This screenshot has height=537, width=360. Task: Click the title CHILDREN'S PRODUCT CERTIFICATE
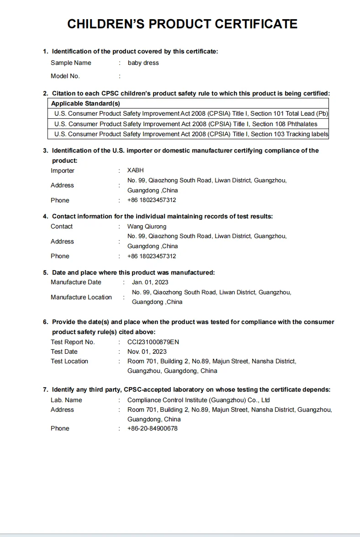[x=182, y=24]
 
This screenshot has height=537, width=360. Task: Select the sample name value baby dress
[x=143, y=63]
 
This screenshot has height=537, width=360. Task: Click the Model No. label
[x=65, y=76]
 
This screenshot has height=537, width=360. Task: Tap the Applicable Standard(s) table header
[x=85, y=103]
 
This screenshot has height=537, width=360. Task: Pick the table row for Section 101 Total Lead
[x=191, y=113]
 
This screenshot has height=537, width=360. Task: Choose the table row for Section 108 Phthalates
[x=185, y=124]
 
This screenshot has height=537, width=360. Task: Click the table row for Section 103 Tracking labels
[x=191, y=134]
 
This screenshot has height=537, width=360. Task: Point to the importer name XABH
[x=135, y=170]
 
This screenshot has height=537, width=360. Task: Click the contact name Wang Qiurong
[x=147, y=227]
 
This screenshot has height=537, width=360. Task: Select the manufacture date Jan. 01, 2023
[x=150, y=282]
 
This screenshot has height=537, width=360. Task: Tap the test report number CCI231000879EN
[x=153, y=342]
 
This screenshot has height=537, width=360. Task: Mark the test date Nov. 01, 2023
[x=147, y=352]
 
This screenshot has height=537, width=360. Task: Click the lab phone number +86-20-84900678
[x=152, y=429]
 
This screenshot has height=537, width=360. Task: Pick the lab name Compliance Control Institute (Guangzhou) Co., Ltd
[x=198, y=400]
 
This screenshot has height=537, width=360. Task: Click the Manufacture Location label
[x=81, y=298]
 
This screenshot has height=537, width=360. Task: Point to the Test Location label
[x=69, y=362]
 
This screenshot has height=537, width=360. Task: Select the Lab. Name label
[x=66, y=400]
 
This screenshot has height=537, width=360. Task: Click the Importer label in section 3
[x=62, y=171]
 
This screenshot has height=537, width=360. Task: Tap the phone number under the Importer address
[x=151, y=200]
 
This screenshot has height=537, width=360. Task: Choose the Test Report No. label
[x=73, y=342]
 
